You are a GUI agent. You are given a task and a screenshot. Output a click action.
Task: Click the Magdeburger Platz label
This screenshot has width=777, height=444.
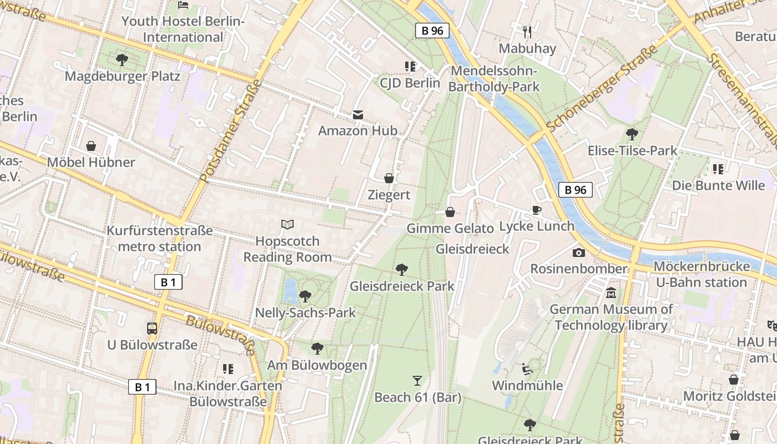tap(123, 76)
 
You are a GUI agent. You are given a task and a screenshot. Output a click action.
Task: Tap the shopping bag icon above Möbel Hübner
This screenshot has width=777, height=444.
tap(91, 146)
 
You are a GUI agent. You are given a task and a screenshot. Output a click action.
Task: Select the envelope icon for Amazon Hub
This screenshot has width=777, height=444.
tap(358, 115)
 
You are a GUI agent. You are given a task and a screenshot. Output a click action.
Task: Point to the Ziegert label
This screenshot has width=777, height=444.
tap(389, 195)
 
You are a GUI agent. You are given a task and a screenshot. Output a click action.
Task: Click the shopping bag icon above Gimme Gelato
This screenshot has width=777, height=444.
tap(450, 212)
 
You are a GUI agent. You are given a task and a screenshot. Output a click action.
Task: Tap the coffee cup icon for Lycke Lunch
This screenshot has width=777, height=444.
tap(536, 210)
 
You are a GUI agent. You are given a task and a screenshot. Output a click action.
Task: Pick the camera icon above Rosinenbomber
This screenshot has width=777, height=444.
tap(579, 253)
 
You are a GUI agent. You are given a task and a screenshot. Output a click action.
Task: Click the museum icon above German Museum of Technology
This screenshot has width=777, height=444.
tap(611, 292)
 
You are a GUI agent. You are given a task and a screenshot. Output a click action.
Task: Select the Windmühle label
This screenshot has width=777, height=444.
tap(527, 385)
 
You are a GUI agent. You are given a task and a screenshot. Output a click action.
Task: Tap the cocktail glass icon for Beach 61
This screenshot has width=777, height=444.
tap(417, 380)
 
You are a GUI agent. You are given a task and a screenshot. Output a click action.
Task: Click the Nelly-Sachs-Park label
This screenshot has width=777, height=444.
tap(305, 312)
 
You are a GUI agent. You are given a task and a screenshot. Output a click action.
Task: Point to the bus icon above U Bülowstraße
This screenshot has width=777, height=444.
tap(152, 328)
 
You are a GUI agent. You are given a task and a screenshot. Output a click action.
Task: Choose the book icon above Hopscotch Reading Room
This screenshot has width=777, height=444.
tap(287, 225)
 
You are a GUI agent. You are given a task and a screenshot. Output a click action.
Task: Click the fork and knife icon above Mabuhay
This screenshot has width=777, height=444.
tap(527, 32)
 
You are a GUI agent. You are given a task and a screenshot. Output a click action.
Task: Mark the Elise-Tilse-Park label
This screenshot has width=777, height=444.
tap(633, 150)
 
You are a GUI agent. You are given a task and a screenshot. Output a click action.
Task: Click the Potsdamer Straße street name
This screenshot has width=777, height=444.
tap(230, 131)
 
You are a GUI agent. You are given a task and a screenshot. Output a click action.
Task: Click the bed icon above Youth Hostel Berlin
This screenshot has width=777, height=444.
tap(183, 5)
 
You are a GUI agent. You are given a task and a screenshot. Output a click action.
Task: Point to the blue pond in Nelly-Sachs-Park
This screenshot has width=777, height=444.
tap(290, 291)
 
